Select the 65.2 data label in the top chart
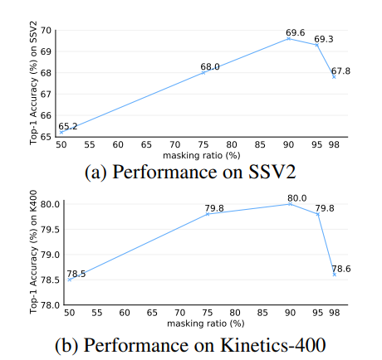68,126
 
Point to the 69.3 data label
325,39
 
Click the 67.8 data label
341,71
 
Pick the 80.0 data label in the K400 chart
297,198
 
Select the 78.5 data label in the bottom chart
77,273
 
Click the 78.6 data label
341,269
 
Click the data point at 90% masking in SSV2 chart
289,38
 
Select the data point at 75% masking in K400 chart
206,214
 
